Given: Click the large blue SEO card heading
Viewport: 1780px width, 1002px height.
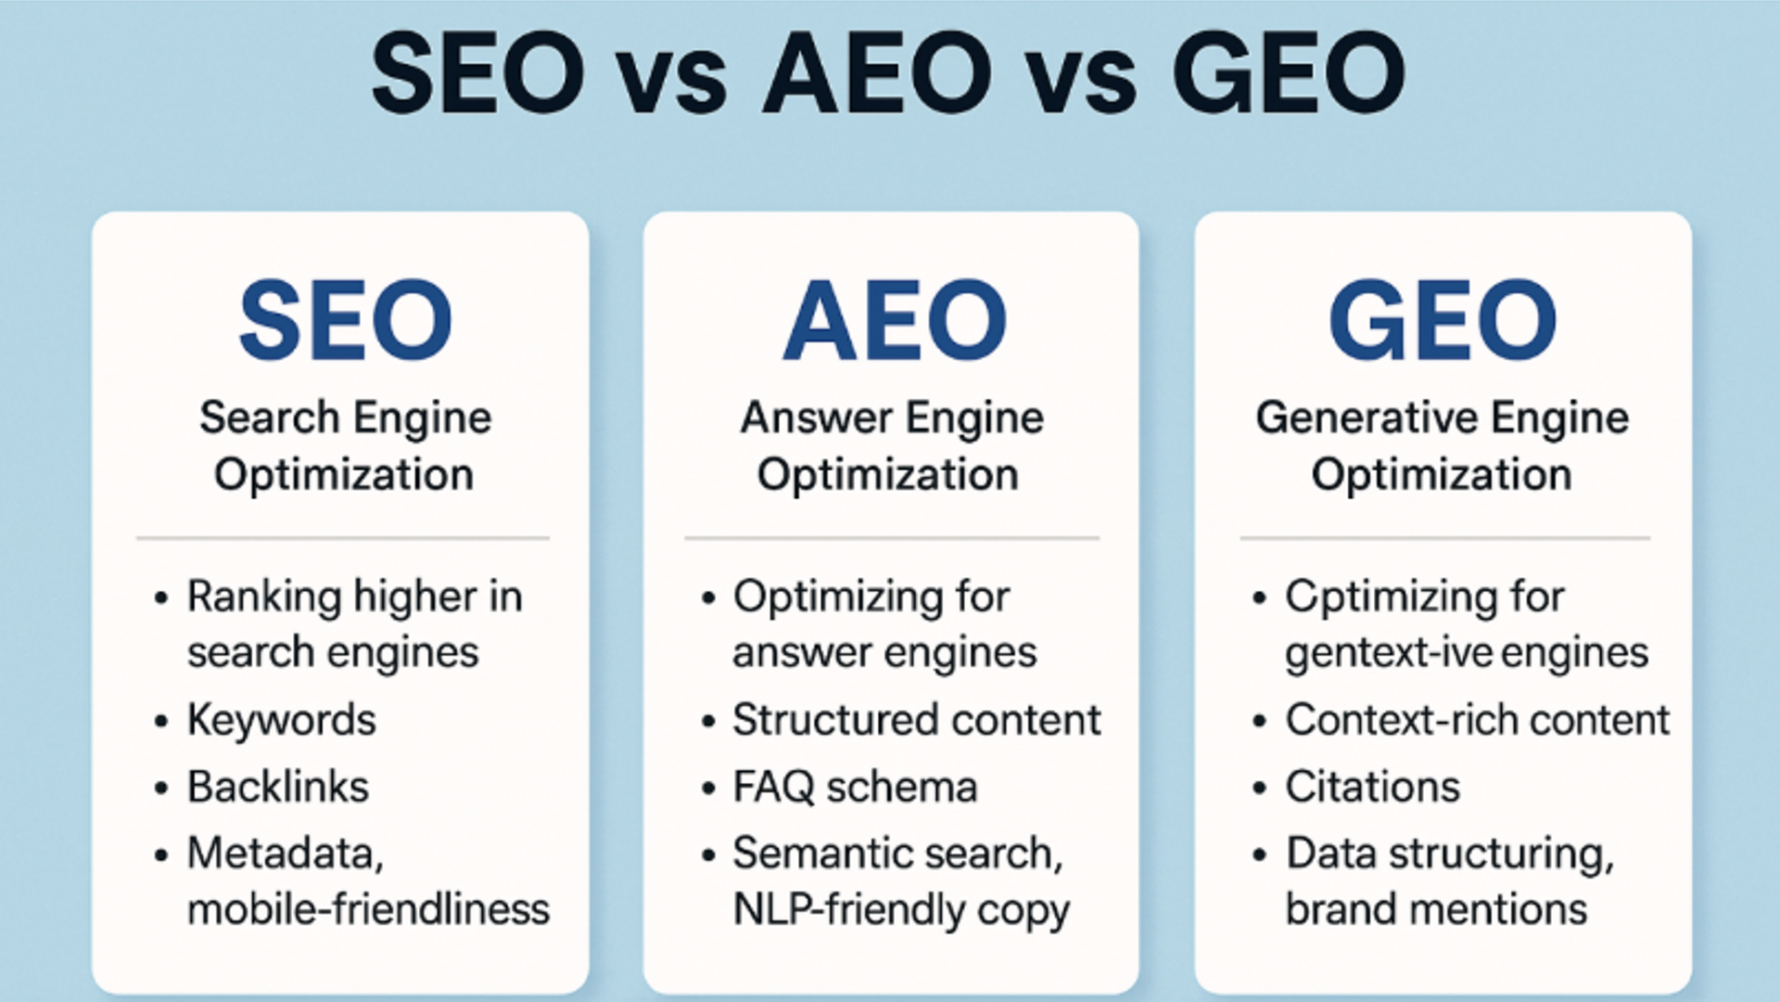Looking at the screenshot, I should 345,321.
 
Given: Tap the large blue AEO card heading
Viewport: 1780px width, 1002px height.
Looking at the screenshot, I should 895,321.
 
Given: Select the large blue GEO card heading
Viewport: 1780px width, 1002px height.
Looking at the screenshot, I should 1443,321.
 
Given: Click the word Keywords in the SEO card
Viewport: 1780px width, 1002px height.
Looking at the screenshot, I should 282,720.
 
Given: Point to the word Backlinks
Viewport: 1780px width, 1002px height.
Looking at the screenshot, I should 278,787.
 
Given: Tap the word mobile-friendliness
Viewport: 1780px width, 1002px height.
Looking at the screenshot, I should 368,909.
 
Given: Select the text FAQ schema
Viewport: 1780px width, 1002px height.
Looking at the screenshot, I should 855,787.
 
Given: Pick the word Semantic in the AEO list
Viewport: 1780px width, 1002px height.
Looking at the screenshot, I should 816,854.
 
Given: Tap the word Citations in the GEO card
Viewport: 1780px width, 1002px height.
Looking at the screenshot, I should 1372,787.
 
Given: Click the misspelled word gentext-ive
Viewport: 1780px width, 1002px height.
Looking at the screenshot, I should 1387,653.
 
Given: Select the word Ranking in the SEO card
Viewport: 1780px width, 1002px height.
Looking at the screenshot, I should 263,597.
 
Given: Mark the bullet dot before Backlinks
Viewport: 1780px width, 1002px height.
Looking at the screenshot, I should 161,789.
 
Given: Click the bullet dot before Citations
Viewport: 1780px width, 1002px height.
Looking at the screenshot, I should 1259,789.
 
